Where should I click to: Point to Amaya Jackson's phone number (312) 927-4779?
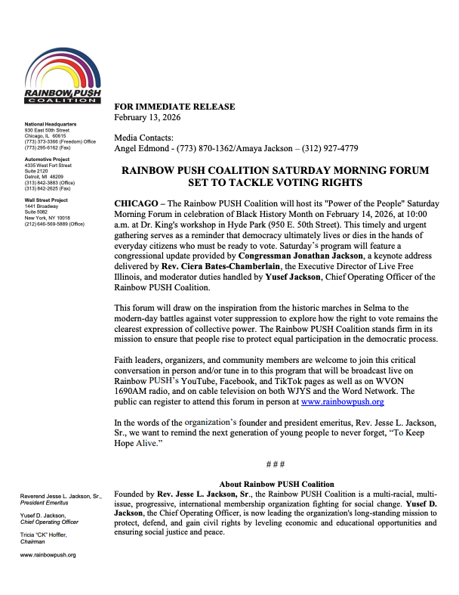point(327,148)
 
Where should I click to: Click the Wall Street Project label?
point(46,200)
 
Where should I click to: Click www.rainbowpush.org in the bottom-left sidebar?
point(48,554)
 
